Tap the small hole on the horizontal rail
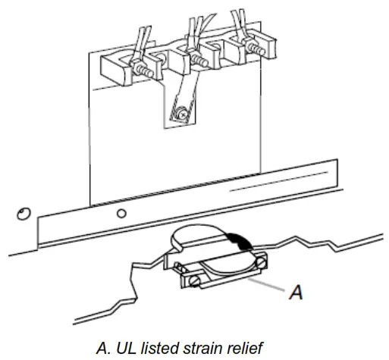click(121, 214)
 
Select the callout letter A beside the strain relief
click(299, 292)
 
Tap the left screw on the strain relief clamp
click(196, 282)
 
